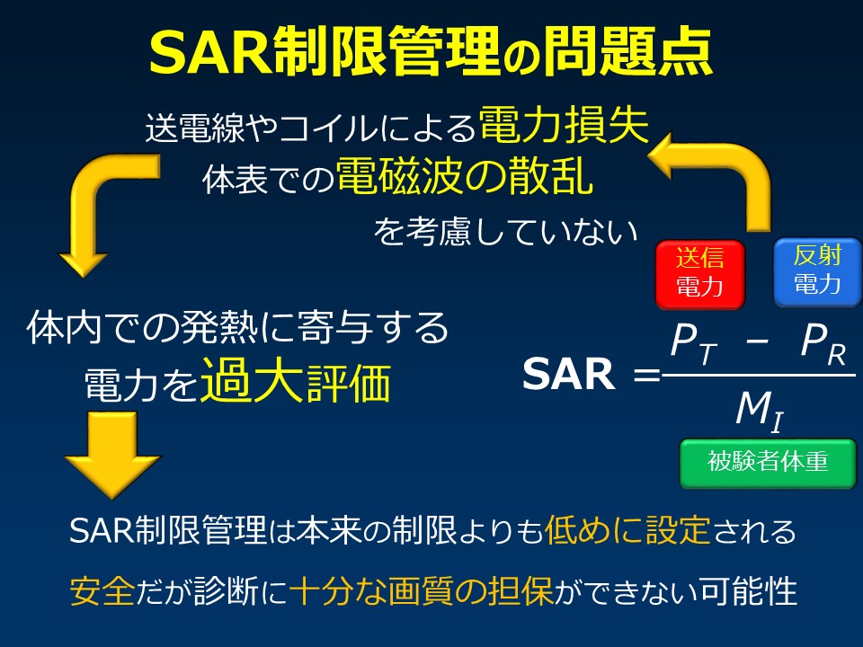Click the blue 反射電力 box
tap(817, 271)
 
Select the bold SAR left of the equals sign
tap(569, 376)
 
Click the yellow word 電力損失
tap(564, 127)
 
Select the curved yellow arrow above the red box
tap(719, 175)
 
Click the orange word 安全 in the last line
tap(101, 591)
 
